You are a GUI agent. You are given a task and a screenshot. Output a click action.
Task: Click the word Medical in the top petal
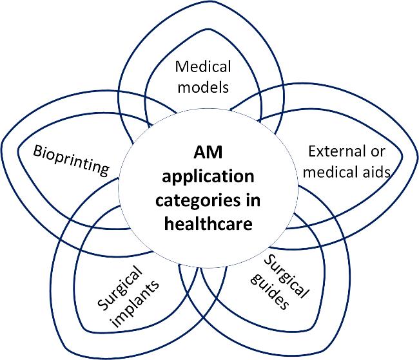coord(203,67)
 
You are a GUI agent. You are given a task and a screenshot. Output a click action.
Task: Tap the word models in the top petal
coord(203,86)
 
